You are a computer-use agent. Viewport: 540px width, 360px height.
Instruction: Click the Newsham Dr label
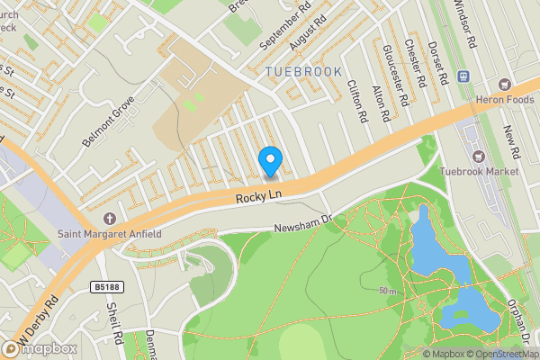(x=303, y=222)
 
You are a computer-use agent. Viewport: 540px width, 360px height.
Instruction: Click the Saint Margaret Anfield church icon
(x=110, y=219)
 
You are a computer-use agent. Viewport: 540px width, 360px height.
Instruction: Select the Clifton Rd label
(x=357, y=101)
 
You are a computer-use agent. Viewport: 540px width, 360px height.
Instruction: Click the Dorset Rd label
(x=438, y=61)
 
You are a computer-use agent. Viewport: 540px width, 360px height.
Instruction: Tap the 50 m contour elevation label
(x=387, y=292)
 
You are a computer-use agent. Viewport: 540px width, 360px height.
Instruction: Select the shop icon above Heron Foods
(x=464, y=76)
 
